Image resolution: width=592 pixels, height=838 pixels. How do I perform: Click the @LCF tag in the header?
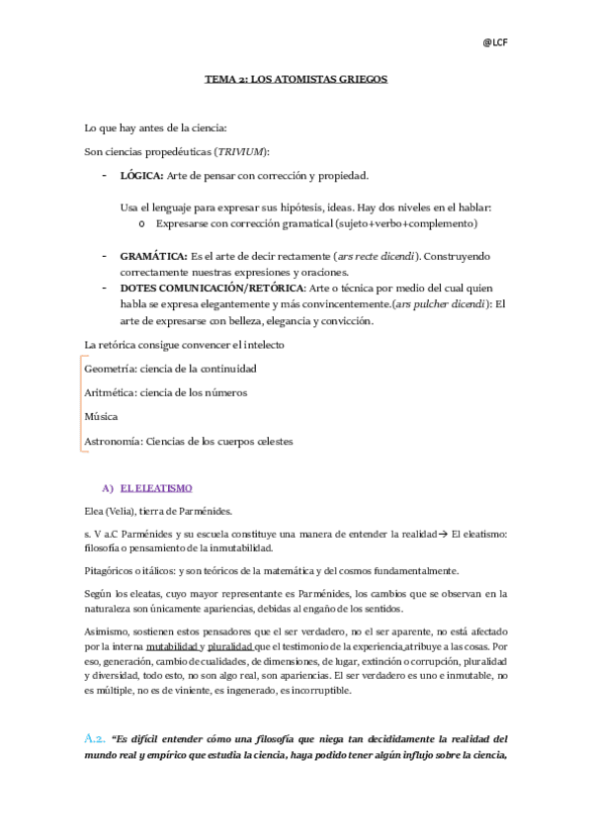494,42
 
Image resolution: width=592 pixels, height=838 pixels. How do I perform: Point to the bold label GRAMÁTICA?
152,256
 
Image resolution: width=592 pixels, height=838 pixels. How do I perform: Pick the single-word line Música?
101,416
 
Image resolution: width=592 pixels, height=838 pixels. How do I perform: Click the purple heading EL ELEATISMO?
156,489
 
